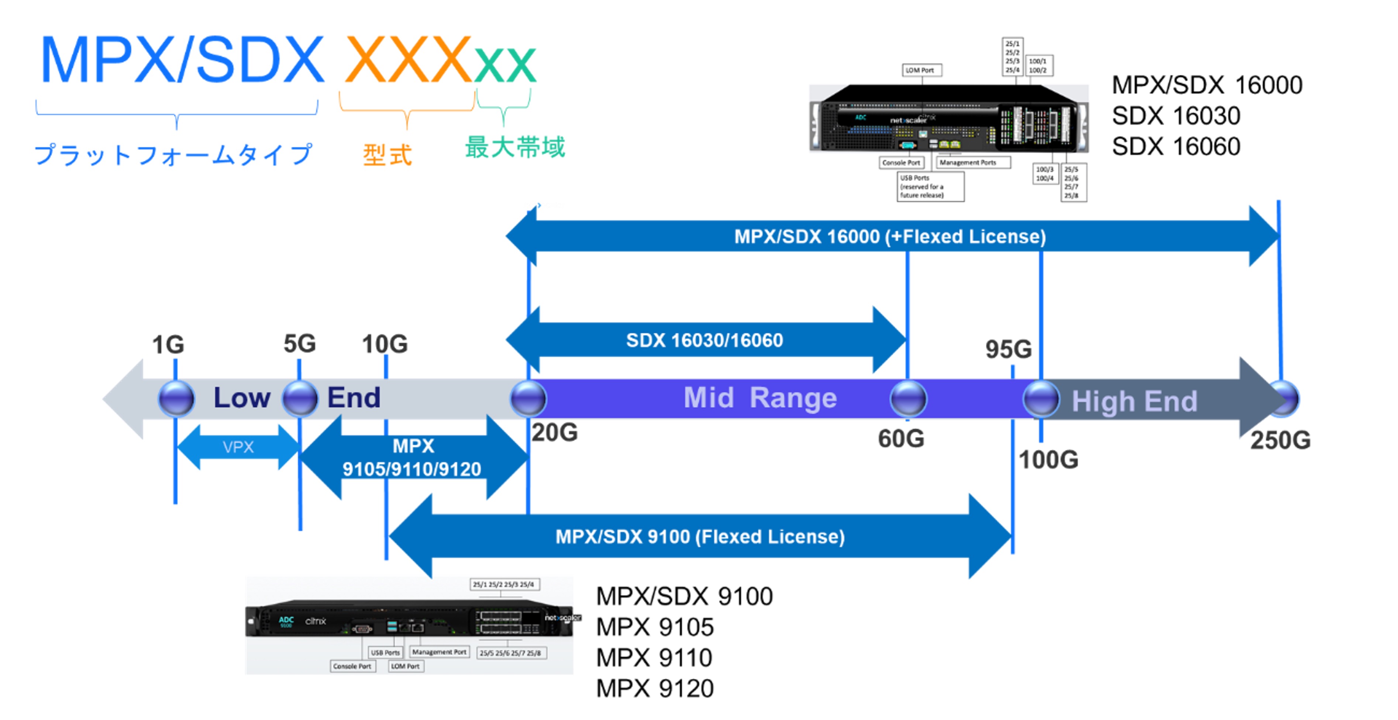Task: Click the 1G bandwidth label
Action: [168, 345]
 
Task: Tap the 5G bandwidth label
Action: [300, 343]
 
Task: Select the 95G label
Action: [1008, 349]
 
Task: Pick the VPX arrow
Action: [238, 447]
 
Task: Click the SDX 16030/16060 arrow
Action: [705, 340]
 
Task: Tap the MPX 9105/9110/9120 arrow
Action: [413, 457]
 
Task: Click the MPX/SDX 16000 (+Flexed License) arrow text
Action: [890, 236]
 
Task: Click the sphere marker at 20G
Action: [528, 399]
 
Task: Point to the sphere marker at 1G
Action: [176, 399]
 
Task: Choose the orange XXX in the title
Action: [407, 60]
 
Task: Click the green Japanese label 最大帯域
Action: [514, 147]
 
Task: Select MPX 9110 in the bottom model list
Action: [654, 658]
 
